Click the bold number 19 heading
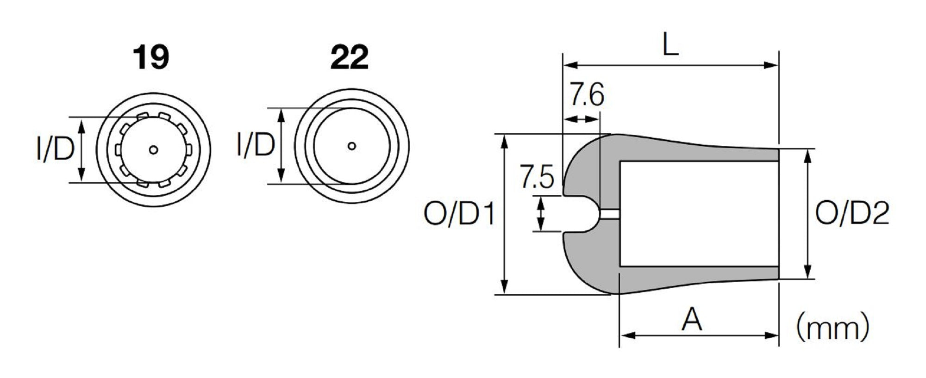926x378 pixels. click(x=151, y=58)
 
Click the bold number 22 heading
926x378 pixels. click(x=350, y=58)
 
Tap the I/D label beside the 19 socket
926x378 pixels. click(x=56, y=150)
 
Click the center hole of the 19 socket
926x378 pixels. click(x=154, y=150)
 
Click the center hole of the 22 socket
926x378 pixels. click(x=352, y=146)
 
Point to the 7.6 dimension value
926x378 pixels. click(x=586, y=95)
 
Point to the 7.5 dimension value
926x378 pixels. click(x=536, y=178)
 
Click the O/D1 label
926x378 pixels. click(x=459, y=215)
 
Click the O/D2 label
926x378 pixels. click(x=852, y=214)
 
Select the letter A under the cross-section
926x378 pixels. click(x=692, y=320)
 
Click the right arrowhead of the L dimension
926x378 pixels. click(x=773, y=65)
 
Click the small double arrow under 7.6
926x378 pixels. click(x=581, y=119)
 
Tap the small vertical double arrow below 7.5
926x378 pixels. click(x=541, y=214)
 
